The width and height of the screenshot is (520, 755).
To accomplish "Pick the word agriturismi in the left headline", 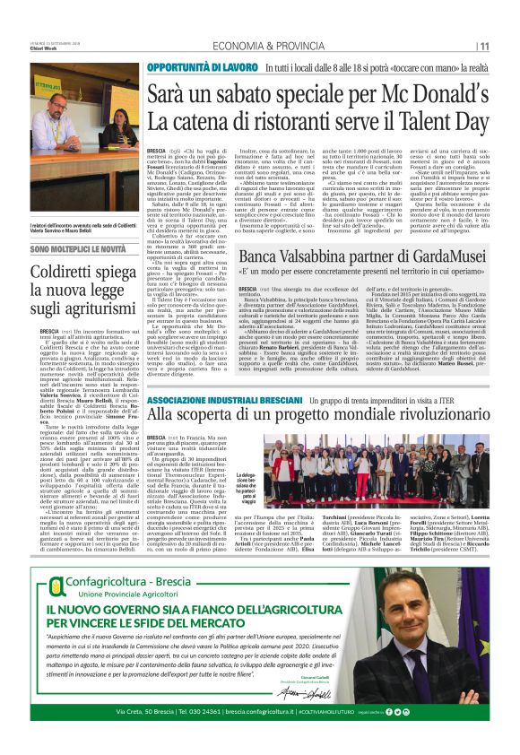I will (84, 310).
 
